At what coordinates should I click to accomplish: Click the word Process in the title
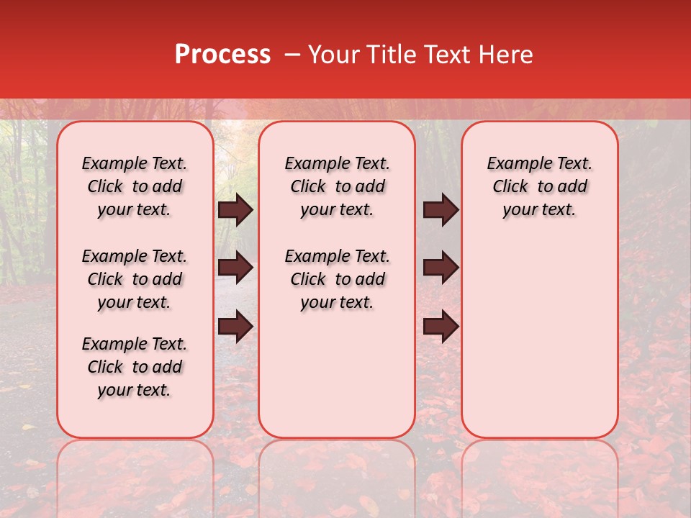pos(222,55)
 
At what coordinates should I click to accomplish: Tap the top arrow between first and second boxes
pos(235,209)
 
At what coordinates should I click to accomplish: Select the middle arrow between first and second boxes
pos(235,268)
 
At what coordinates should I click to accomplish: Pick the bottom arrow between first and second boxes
pos(235,326)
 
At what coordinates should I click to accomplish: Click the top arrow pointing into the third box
pos(441,209)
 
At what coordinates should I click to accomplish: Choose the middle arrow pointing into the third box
pos(441,268)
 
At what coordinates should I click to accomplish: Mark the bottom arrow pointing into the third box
pos(441,326)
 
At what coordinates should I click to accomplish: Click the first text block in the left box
pos(135,186)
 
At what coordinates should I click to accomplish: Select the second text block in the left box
pos(135,279)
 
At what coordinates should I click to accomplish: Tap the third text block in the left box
pos(135,367)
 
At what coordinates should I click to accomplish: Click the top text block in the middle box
pos(337,186)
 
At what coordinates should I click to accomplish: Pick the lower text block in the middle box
pos(337,279)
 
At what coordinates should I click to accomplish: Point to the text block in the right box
pos(539,186)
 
